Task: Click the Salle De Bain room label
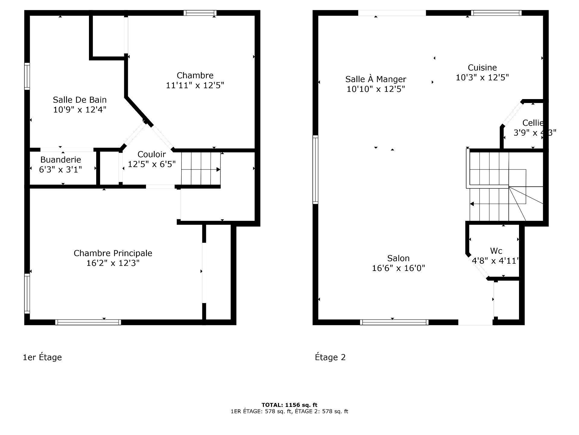(80, 100)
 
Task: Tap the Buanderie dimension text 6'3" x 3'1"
(60, 169)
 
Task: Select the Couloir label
(151, 154)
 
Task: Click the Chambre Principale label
(113, 253)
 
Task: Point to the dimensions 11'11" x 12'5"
(195, 85)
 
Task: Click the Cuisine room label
(482, 68)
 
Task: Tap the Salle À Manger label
(375, 79)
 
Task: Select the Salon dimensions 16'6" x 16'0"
(398, 268)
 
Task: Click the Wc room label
(496, 251)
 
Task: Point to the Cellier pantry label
(533, 123)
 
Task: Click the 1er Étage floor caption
(42, 357)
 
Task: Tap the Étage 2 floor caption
(330, 357)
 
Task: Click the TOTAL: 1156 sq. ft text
(289, 405)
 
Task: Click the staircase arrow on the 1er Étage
(218, 169)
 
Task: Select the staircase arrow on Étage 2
(472, 204)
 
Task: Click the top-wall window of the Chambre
(200, 13)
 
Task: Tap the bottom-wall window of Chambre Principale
(88, 322)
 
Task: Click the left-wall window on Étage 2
(315, 169)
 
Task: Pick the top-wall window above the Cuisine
(496, 13)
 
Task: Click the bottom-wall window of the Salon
(394, 322)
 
